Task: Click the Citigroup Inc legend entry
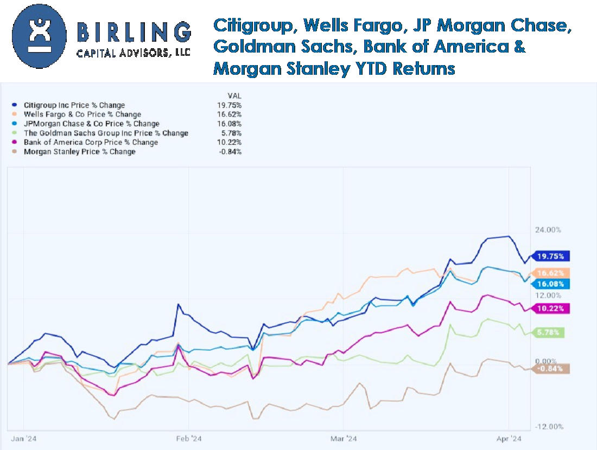[74, 105]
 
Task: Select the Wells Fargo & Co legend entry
[82, 114]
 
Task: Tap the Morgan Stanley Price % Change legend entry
[79, 152]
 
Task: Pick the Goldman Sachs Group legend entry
[106, 133]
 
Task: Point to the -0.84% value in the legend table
[231, 152]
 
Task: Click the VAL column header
[234, 95]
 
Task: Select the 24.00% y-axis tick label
[547, 230]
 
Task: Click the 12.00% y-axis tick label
[547, 295]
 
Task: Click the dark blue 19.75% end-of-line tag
[550, 256]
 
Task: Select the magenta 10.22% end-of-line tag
[550, 308]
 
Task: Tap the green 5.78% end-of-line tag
[549, 332]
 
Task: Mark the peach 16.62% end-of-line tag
[550, 273]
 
